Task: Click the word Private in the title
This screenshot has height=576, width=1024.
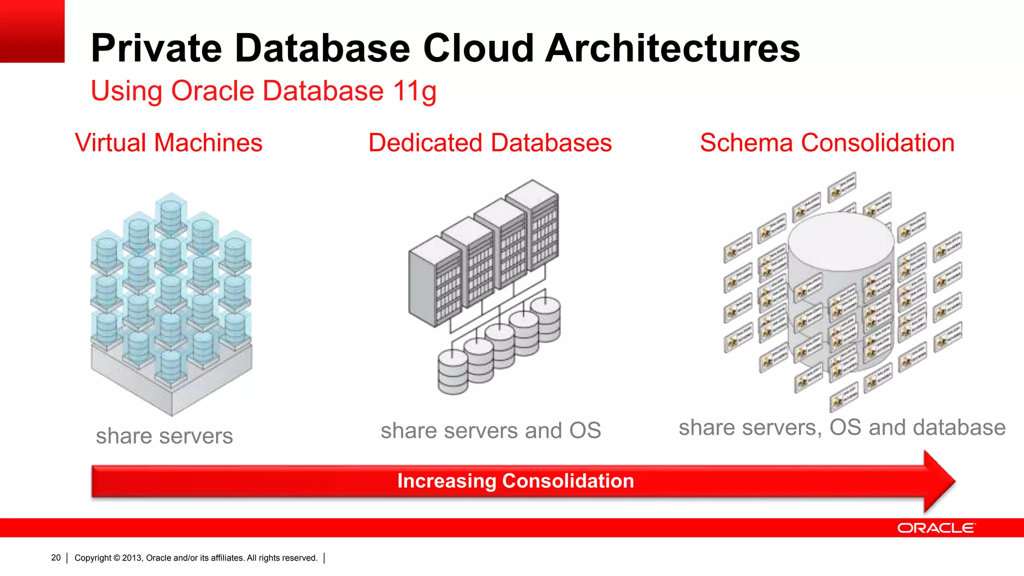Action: pyautogui.click(x=156, y=48)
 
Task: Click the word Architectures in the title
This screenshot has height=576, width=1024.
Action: pyautogui.click(x=672, y=48)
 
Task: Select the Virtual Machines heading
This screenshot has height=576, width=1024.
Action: pyautogui.click(x=168, y=143)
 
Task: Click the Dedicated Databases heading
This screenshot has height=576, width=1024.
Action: pyautogui.click(x=490, y=143)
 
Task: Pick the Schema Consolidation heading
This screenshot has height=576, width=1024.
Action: pyautogui.click(x=827, y=143)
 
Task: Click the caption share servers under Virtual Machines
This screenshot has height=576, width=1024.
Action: pyautogui.click(x=164, y=436)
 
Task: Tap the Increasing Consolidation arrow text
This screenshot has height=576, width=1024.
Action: pyautogui.click(x=515, y=481)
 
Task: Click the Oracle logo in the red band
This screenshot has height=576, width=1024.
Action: pyautogui.click(x=935, y=528)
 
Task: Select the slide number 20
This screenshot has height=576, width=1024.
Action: pyautogui.click(x=55, y=557)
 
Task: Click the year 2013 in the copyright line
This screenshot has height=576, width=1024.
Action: pyautogui.click(x=132, y=558)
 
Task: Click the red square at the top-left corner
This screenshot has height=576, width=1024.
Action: pyautogui.click(x=32, y=31)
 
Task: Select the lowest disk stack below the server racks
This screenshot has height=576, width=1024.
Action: pyautogui.click(x=452, y=372)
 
